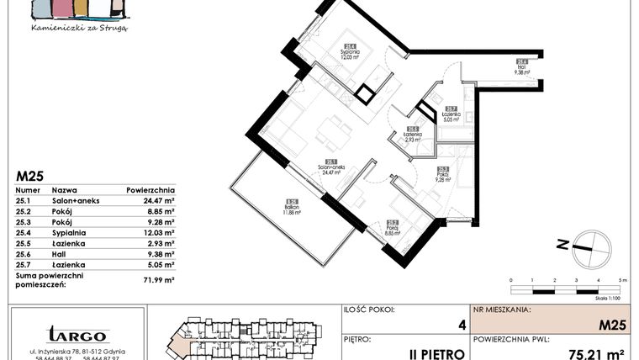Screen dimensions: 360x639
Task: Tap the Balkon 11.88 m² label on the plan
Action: click(x=293, y=207)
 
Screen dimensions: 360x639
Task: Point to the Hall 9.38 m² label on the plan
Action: click(x=522, y=67)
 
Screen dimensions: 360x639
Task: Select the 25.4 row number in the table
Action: click(x=24, y=232)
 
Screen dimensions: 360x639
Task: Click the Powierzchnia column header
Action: click(x=151, y=191)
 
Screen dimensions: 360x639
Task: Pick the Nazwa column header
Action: click(x=65, y=191)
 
